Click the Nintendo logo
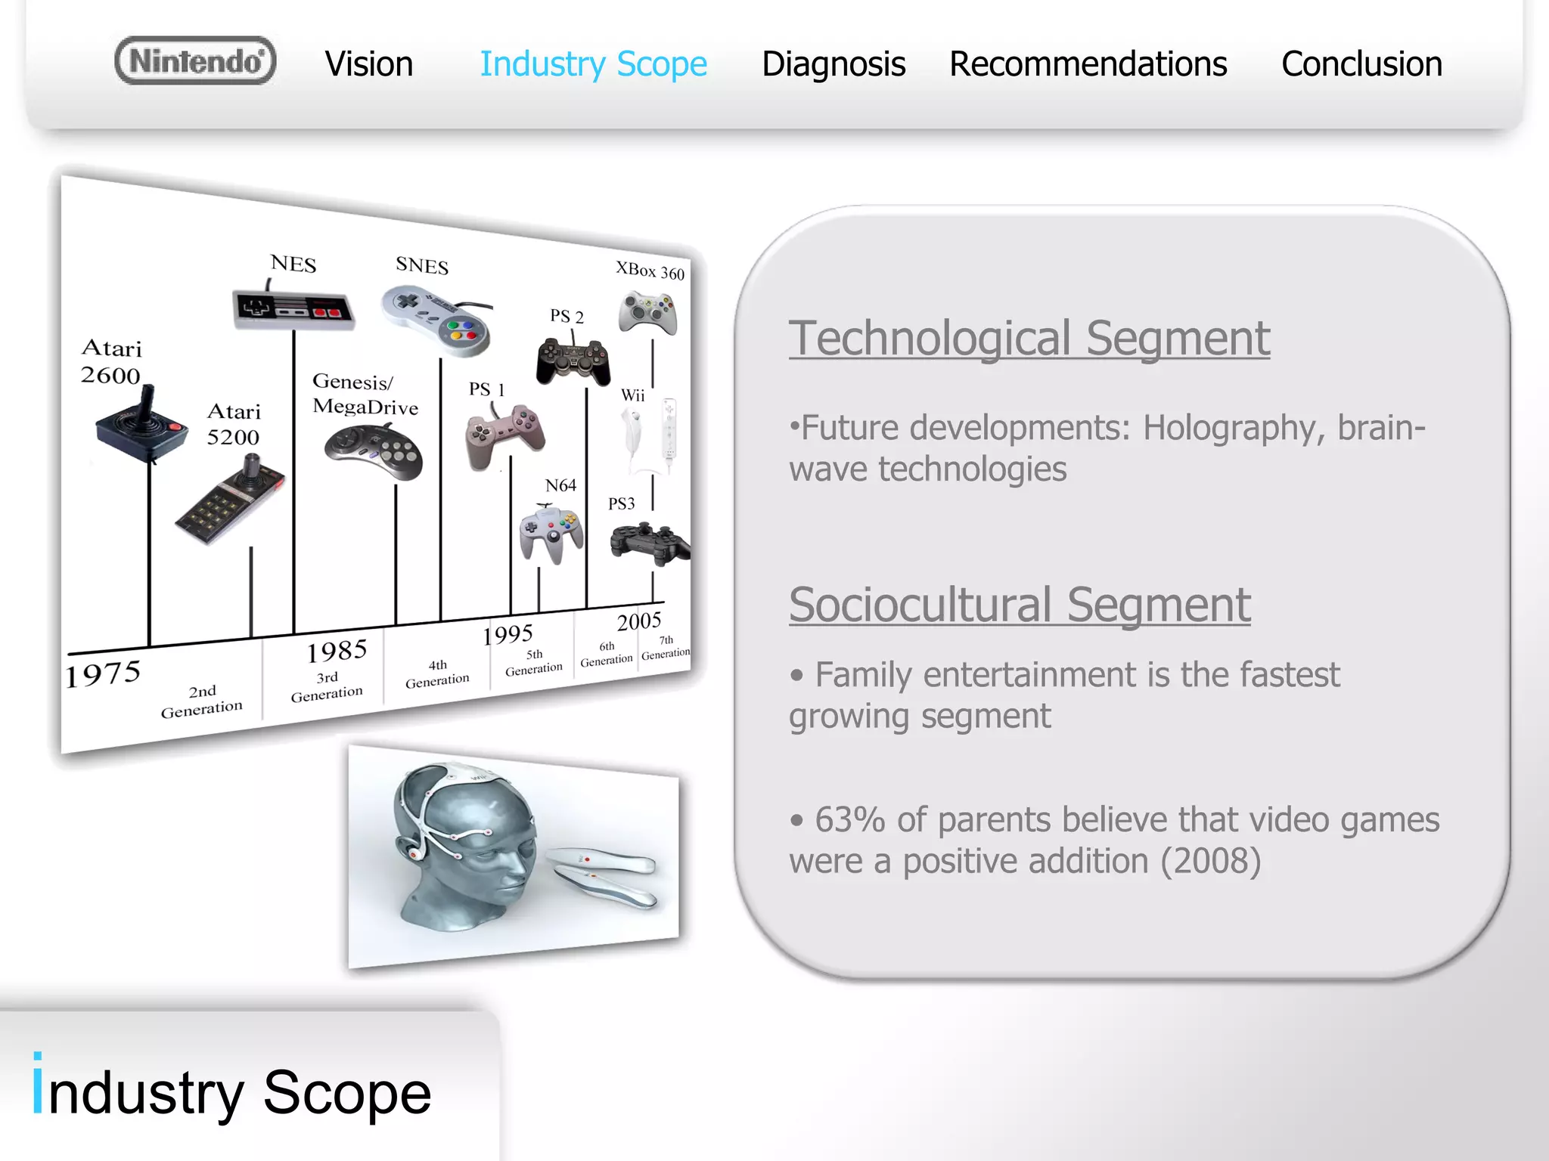195,61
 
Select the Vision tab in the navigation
369,64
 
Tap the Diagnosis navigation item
833,64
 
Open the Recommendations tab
1088,64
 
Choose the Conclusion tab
1361,64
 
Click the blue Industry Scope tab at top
594,64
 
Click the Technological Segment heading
1029,338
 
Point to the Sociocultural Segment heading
1019,605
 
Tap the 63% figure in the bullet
849,820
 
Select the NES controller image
293,310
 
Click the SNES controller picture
437,320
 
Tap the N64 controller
551,534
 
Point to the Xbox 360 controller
647,312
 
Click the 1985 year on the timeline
337,651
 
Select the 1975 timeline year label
103,674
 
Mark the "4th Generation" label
437,673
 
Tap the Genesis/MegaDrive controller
374,452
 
